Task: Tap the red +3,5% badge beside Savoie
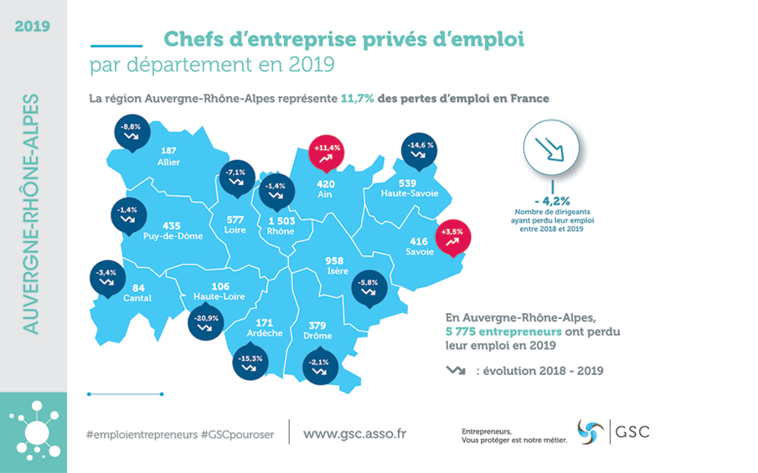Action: (x=453, y=234)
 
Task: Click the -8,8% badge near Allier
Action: (x=131, y=131)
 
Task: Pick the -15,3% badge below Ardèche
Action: (x=250, y=362)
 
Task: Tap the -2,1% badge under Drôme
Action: (x=320, y=366)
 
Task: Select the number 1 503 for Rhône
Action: (x=281, y=220)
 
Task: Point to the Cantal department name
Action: (x=137, y=298)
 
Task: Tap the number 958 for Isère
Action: (x=334, y=260)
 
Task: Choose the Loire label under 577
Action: (x=236, y=230)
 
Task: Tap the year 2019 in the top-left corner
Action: (x=32, y=25)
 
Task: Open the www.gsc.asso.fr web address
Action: (x=354, y=434)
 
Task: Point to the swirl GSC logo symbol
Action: (x=590, y=432)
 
